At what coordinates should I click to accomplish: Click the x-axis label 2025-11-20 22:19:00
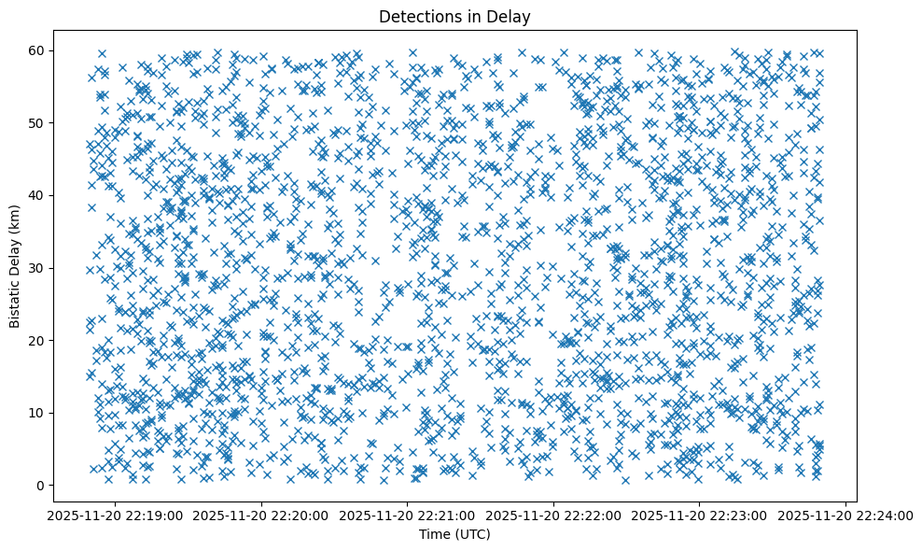[116, 515]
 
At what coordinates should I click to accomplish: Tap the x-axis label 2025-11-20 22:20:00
[262, 515]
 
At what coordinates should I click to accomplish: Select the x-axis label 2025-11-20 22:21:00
[408, 515]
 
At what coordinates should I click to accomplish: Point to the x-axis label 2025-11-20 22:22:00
[554, 515]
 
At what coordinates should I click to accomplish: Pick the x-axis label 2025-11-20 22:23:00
[700, 515]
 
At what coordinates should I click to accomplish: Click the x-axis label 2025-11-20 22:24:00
[846, 515]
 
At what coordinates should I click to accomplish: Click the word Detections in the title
[417, 16]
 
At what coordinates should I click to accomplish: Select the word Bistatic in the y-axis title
[15, 299]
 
